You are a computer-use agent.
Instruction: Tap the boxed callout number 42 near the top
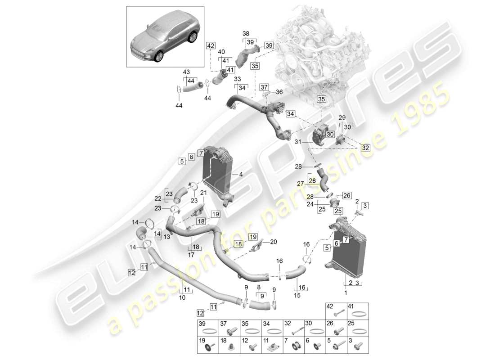click(211, 45)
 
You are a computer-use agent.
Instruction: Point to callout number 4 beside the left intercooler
click(241, 174)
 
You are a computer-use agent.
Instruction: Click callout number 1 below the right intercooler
click(346, 292)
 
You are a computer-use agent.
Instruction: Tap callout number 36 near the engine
click(279, 92)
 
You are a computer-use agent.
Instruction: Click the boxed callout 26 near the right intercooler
click(346, 195)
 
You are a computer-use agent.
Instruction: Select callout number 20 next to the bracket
click(274, 242)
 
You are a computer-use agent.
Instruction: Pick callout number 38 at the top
click(246, 33)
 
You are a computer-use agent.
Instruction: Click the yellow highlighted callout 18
click(238, 243)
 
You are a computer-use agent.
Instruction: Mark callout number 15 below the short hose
click(297, 296)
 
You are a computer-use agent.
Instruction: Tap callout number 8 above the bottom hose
click(259, 286)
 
